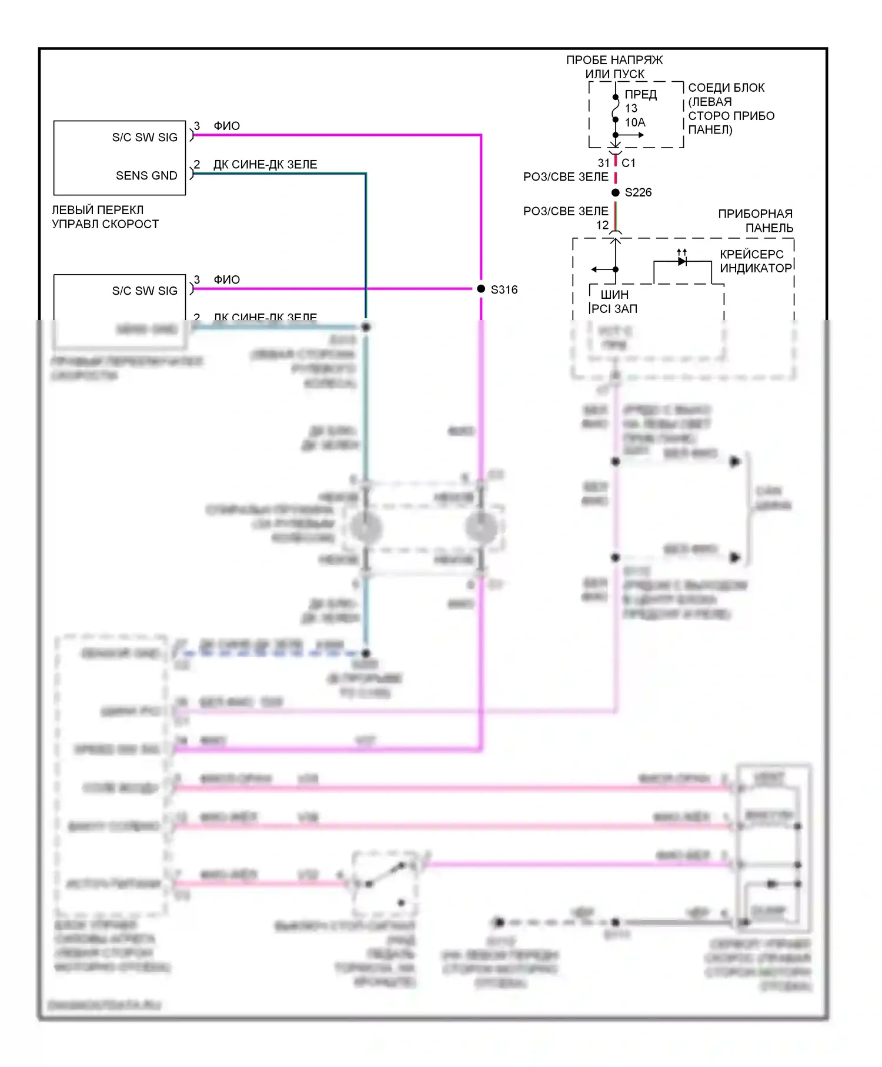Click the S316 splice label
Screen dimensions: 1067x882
point(504,289)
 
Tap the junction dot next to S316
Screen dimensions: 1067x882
point(481,289)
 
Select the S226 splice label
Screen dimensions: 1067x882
point(638,192)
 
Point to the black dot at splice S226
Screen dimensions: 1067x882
point(616,192)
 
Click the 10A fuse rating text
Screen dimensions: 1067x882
point(635,122)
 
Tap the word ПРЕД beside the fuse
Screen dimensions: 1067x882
point(640,95)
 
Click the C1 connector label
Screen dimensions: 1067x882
point(629,163)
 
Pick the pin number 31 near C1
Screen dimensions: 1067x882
point(604,163)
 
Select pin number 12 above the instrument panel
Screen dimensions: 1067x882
point(603,225)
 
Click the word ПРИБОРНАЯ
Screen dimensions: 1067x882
point(755,214)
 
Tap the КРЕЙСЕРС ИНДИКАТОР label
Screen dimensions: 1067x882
point(756,261)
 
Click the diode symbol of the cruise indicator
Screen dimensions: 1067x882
point(682,261)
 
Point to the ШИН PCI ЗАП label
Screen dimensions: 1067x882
point(614,301)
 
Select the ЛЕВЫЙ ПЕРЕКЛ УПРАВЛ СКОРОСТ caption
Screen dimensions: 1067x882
point(105,217)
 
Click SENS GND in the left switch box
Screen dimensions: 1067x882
point(146,175)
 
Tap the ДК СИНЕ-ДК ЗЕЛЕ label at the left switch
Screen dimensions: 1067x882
point(265,165)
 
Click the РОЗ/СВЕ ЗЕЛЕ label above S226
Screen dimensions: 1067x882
point(566,177)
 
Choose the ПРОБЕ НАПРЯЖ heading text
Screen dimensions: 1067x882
point(614,60)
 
